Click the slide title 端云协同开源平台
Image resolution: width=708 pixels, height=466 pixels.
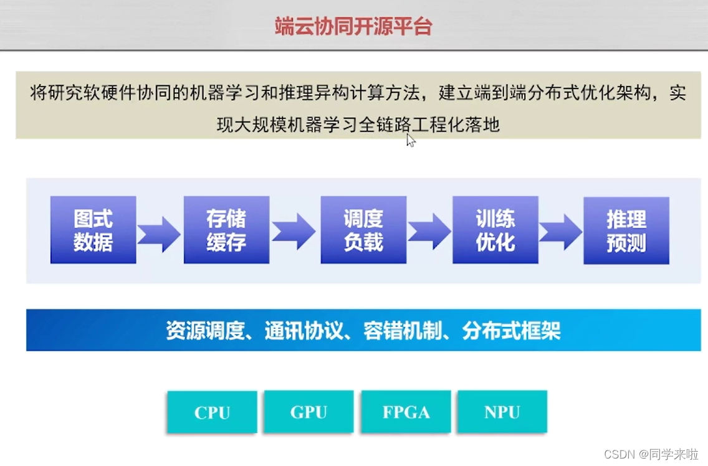(353, 26)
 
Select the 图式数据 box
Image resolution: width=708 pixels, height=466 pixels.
(93, 230)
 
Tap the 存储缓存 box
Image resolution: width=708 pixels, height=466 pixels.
(226, 230)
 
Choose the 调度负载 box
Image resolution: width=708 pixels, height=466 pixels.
(363, 230)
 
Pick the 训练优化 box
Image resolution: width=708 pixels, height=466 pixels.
(495, 230)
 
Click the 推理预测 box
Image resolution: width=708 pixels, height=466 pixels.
(626, 231)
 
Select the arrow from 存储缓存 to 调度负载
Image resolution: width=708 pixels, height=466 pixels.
(294, 231)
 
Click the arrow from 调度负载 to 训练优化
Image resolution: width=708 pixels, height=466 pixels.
(429, 231)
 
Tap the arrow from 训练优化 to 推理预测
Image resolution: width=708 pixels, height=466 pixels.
(560, 232)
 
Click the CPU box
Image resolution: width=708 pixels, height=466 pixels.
(212, 412)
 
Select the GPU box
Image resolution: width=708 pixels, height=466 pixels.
(309, 412)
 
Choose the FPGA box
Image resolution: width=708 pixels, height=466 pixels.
(406, 412)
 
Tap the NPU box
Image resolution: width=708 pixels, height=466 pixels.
(502, 412)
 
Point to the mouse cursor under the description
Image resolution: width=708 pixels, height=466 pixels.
(411, 140)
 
